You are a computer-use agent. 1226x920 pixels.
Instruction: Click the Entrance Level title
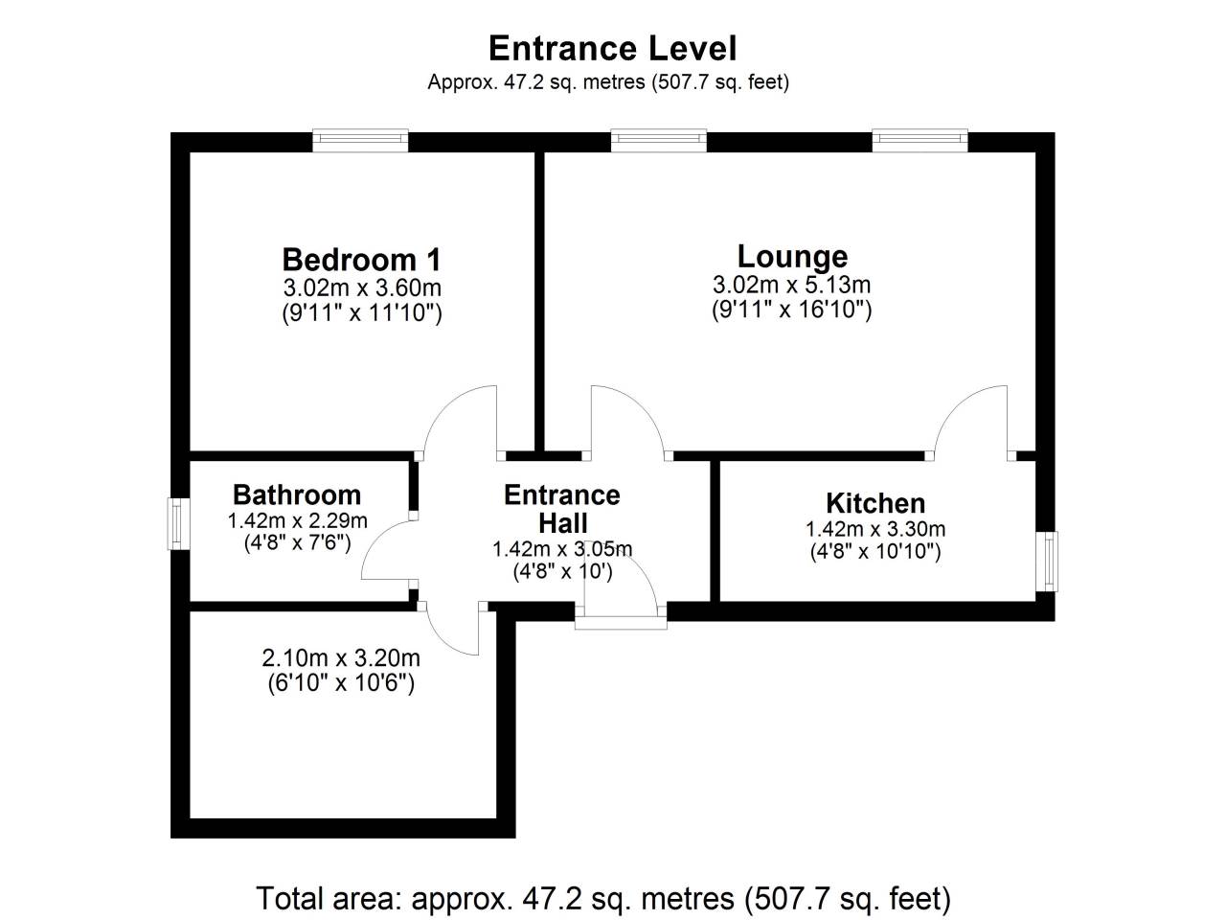point(613,48)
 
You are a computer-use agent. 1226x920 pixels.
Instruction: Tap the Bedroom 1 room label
point(361,260)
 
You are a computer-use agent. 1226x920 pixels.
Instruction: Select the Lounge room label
point(792,257)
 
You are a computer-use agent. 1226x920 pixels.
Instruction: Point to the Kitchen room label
point(875,503)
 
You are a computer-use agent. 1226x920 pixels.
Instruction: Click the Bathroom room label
point(297,494)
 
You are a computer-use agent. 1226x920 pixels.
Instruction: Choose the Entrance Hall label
point(562,509)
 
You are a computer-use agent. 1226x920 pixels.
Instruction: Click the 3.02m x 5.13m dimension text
point(791,285)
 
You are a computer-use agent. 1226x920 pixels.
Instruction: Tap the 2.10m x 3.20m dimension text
point(341,658)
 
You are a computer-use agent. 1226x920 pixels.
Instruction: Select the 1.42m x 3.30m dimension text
point(875,528)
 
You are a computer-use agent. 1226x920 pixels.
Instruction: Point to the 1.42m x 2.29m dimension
point(297,520)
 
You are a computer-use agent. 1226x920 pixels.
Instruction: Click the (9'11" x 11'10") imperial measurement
point(362,312)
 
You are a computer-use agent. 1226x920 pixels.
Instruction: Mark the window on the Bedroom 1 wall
point(360,140)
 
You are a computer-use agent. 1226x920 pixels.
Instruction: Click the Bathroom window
point(177,524)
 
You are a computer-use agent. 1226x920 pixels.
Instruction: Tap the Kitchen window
point(1047,562)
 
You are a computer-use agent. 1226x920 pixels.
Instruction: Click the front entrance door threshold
point(621,623)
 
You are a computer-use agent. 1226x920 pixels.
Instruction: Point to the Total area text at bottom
point(603,899)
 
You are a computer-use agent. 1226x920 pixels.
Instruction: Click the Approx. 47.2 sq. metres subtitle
point(608,82)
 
